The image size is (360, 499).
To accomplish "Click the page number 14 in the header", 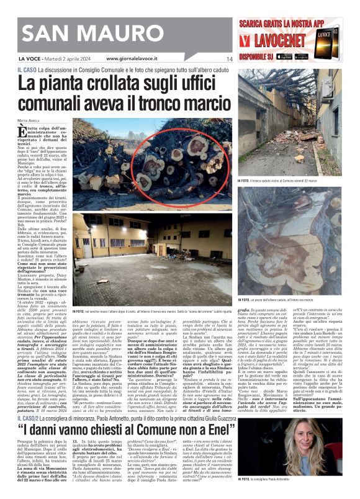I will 229,59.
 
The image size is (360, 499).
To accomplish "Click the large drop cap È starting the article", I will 22,131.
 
